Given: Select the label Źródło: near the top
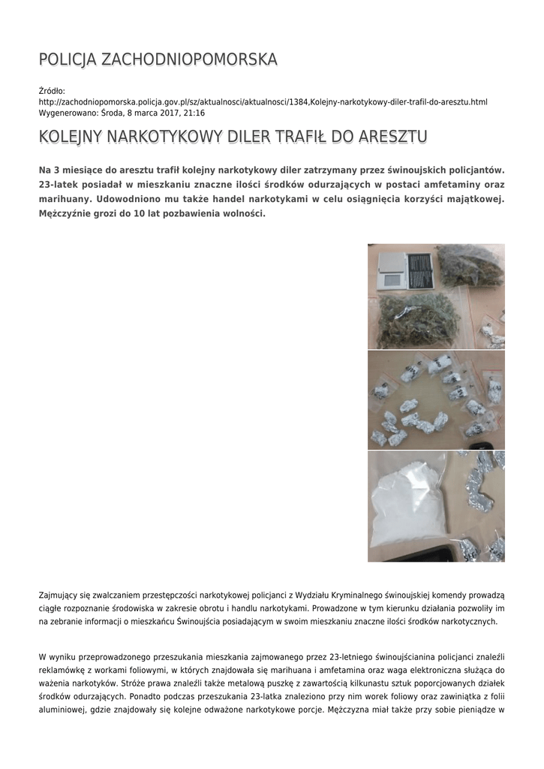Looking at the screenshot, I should (53, 91).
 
